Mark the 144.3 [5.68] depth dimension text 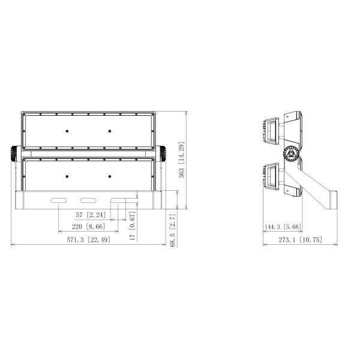pos(282,227)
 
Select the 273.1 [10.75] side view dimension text pos(301,240)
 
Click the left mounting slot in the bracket pos(59,200)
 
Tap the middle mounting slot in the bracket pos(89,200)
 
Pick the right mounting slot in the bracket pos(118,200)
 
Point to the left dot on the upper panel pos(67,131)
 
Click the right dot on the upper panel pos(110,131)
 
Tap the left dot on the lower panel pos(67,176)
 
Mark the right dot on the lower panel pos(110,176)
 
